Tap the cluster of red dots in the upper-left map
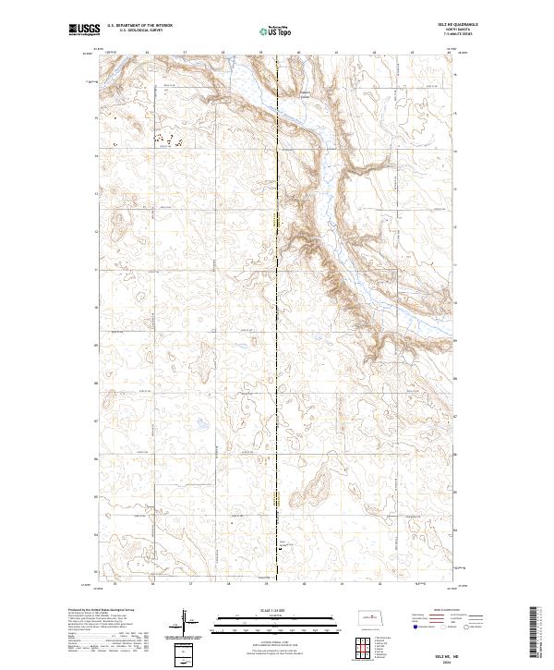click(x=166, y=141)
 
